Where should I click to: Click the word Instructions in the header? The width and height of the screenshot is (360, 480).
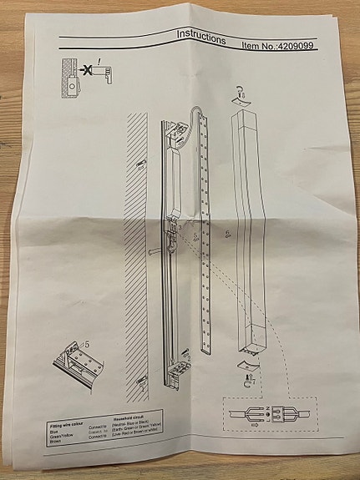pyautogui.click(x=200, y=38)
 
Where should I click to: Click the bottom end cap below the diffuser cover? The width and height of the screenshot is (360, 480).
pyautogui.click(x=247, y=366)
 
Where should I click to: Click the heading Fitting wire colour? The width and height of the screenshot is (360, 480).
pyautogui.click(x=68, y=427)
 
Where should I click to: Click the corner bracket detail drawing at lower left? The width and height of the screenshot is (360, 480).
pyautogui.click(x=82, y=358)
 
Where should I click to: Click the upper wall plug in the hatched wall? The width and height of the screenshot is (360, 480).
pyautogui.click(x=139, y=166)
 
